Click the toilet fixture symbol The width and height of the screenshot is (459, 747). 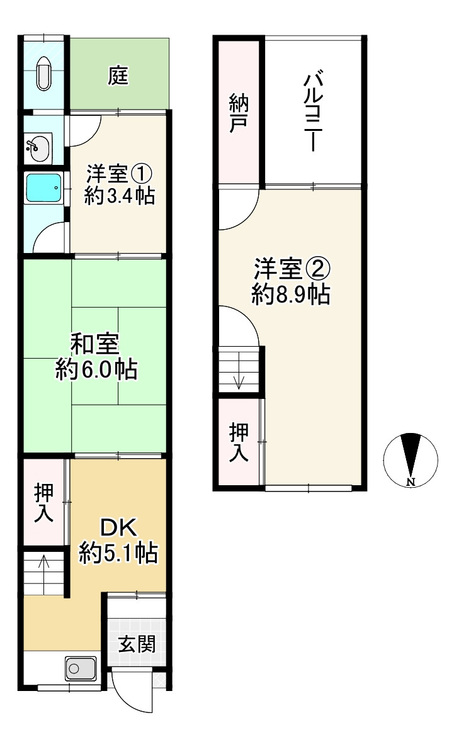tap(44, 74)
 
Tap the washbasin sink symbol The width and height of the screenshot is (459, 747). tap(37, 149)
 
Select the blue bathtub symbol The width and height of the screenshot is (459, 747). tap(44, 188)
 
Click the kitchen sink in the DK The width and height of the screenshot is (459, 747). tap(81, 668)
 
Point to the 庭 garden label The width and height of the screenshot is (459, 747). tap(118, 76)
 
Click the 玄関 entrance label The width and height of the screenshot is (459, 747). tap(137, 644)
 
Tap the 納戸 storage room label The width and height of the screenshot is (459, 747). tap(239, 113)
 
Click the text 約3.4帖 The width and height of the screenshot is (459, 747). tap(119, 195)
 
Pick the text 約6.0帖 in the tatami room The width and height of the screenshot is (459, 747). tap(97, 369)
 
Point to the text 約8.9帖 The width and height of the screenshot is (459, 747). tap(291, 295)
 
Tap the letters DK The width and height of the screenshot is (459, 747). tap(118, 528)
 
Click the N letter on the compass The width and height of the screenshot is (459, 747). tap(411, 481)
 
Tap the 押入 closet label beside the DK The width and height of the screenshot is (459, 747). tap(44, 503)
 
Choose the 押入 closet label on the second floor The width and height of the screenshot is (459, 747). tap(239, 442)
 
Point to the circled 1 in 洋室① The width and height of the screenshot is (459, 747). tap(142, 174)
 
